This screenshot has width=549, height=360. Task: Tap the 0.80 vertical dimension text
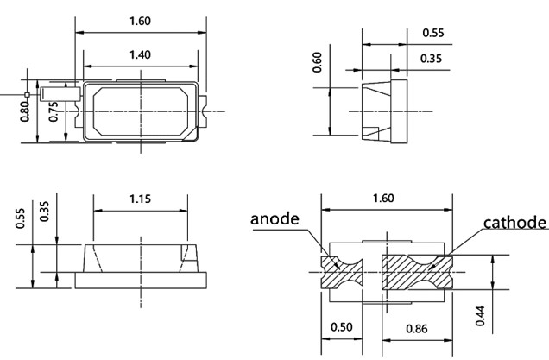(25, 112)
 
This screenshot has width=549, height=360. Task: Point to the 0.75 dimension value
(54, 112)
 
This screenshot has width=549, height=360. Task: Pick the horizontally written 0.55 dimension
(434, 33)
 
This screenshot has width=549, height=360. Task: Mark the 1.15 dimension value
(140, 199)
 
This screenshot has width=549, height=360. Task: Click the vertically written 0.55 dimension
(21, 219)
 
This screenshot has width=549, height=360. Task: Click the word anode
(274, 219)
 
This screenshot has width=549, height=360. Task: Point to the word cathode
(515, 223)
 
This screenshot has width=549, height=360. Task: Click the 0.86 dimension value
(418, 328)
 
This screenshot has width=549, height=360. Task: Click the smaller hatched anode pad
(341, 272)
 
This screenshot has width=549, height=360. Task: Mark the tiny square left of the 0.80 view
(28, 93)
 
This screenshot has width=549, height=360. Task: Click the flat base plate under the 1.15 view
(140, 279)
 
